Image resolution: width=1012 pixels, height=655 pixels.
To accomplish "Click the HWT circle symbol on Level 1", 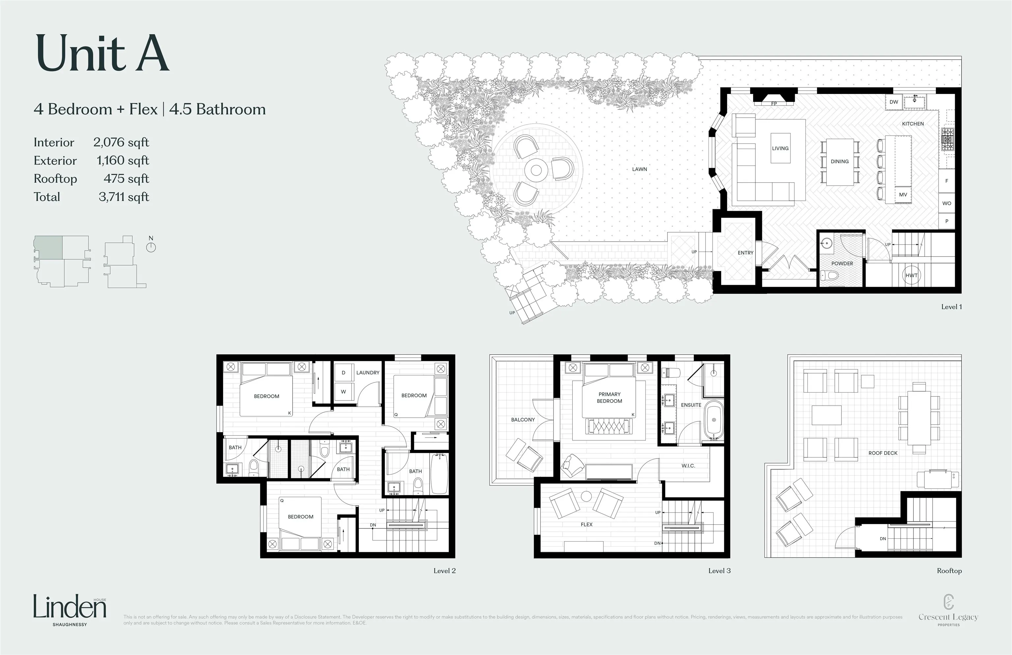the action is click(x=911, y=275).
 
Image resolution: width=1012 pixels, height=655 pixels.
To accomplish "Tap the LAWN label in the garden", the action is click(x=639, y=169).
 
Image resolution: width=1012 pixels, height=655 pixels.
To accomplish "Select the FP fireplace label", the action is click(x=774, y=104).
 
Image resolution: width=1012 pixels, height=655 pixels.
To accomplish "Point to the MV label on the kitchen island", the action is click(x=903, y=195).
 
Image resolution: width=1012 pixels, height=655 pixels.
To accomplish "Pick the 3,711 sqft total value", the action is click(x=124, y=197).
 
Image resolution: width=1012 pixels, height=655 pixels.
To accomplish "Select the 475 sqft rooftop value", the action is click(x=126, y=179).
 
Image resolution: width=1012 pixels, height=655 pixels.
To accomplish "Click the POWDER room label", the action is click(x=842, y=264).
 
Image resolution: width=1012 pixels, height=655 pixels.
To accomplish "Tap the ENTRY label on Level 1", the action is click(x=745, y=253).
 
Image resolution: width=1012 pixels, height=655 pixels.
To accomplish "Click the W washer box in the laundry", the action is click(x=343, y=392).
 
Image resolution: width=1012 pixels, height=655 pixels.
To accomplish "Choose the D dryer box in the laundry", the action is click(x=343, y=372).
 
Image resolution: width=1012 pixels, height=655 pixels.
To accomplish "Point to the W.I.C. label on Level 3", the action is click(x=688, y=466).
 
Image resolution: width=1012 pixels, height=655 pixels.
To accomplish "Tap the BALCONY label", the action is click(x=523, y=420).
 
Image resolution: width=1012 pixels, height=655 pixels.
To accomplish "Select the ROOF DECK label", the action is click(x=883, y=453).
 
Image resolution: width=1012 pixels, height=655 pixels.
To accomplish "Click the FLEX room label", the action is click(x=586, y=525).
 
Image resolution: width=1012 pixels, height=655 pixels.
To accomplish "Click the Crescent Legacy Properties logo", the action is click(x=948, y=610).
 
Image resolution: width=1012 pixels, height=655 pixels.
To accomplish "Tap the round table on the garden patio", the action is click(x=536, y=170).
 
